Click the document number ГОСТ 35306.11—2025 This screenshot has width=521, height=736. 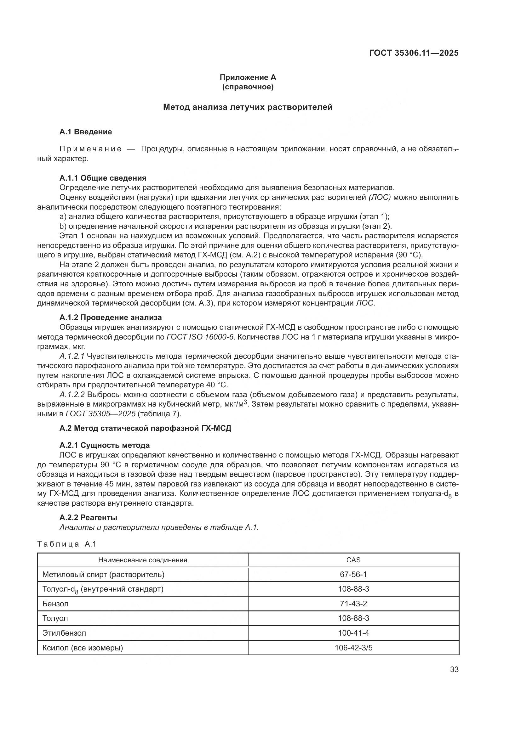(414, 53)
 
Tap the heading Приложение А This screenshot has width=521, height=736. (248, 77)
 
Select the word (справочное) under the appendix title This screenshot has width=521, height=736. (248, 87)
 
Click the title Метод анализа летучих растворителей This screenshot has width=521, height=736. (248, 107)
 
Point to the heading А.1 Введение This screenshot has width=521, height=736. (86, 132)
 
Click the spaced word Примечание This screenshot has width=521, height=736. (90, 149)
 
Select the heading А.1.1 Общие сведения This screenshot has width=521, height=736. (103, 178)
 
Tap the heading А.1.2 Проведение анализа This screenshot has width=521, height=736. (110, 317)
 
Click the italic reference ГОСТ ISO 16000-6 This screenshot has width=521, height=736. (200, 337)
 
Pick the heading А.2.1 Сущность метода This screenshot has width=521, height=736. (105, 445)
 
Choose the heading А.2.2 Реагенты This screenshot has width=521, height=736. (88, 517)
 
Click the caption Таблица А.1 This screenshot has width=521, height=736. (67, 544)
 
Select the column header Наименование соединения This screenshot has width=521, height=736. (142, 560)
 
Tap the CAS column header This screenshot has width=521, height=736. (353, 560)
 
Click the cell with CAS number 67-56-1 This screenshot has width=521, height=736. (353, 575)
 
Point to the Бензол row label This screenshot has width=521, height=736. (55, 604)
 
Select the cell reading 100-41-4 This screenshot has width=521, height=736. (353, 633)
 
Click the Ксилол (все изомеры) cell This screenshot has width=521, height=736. (83, 648)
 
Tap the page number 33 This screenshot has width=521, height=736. (454, 669)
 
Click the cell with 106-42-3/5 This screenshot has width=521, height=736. (353, 648)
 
